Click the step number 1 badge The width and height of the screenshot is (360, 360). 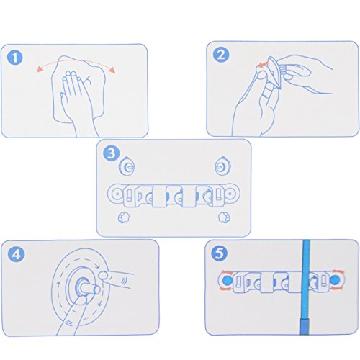(x=15, y=58)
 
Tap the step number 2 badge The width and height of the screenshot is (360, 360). (x=221, y=55)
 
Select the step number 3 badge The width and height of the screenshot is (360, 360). (x=112, y=153)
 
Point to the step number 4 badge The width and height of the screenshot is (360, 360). (x=17, y=254)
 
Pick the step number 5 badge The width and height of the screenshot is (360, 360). (x=220, y=253)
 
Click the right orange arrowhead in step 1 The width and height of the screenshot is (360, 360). (x=112, y=70)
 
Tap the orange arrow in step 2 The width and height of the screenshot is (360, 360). (x=262, y=64)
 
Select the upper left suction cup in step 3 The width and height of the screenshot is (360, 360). (x=127, y=166)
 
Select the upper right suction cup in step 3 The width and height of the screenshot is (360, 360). (x=222, y=166)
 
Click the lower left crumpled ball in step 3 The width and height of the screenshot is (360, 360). (x=124, y=217)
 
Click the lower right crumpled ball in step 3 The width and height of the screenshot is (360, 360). (x=224, y=217)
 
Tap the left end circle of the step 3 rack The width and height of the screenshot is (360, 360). (x=117, y=194)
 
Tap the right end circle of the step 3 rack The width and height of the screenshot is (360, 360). (x=230, y=194)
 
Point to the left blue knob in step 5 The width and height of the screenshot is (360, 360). (x=227, y=280)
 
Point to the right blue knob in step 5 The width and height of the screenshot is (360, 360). (x=336, y=280)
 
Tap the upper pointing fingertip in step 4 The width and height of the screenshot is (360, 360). (x=104, y=275)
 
